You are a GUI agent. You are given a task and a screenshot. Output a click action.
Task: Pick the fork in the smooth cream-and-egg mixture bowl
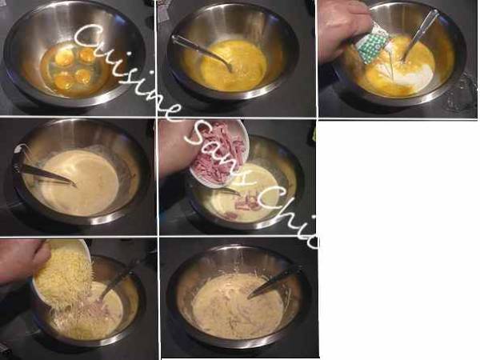point(44,174)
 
